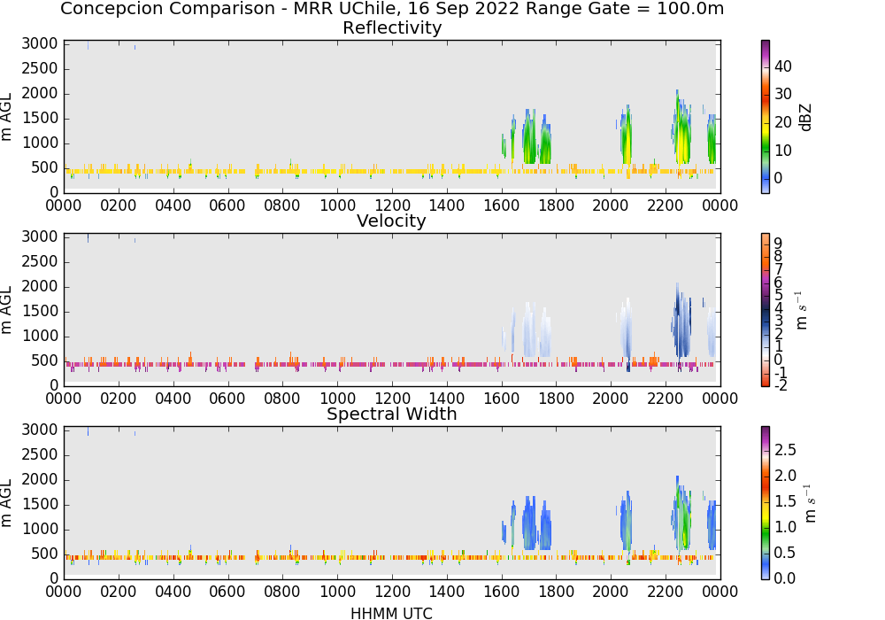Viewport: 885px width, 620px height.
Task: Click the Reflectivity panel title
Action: click(x=392, y=27)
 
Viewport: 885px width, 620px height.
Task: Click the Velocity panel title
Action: click(x=391, y=221)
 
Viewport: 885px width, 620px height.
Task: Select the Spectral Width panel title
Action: click(x=392, y=414)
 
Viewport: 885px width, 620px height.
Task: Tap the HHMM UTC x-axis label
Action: click(x=391, y=613)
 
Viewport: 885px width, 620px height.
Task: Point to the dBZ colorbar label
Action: click(x=806, y=118)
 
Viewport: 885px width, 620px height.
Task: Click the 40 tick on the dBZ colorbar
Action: click(x=783, y=66)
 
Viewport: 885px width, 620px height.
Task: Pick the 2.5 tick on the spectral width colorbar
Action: click(x=785, y=450)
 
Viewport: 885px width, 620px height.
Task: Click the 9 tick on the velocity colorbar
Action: click(x=778, y=244)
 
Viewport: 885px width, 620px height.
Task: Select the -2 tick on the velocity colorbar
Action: click(x=780, y=385)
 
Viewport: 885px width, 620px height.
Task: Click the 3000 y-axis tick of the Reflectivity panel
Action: click(x=40, y=44)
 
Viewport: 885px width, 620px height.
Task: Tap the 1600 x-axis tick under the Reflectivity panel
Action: click(x=501, y=205)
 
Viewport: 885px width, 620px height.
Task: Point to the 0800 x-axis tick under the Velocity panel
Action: click(x=282, y=399)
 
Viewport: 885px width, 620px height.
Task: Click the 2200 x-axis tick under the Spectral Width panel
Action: click(x=665, y=592)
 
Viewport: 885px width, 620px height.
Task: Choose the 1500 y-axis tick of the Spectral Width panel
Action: click(x=40, y=505)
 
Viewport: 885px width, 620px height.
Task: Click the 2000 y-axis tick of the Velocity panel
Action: click(x=40, y=287)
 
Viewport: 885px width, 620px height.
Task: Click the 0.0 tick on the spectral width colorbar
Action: click(x=785, y=578)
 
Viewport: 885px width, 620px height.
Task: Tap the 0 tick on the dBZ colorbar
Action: click(x=778, y=178)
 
